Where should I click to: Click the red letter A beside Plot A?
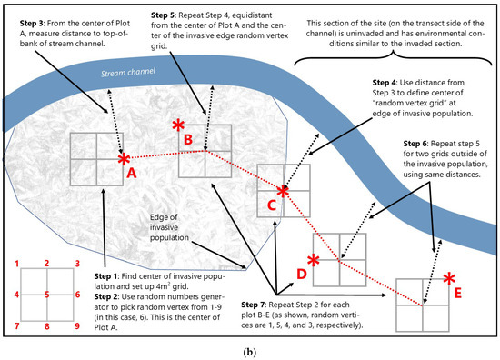[132, 170]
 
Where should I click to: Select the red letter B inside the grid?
[188, 139]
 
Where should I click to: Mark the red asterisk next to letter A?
[123, 157]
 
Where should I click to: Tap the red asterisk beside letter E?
[448, 277]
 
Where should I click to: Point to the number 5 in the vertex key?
[45, 294]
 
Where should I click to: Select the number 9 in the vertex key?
[77, 325]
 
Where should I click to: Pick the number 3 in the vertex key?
[77, 264]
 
